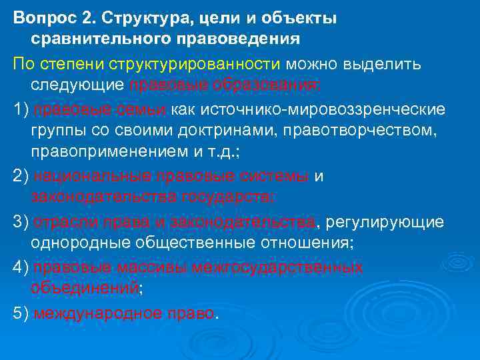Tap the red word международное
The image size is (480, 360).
click(x=91, y=312)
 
